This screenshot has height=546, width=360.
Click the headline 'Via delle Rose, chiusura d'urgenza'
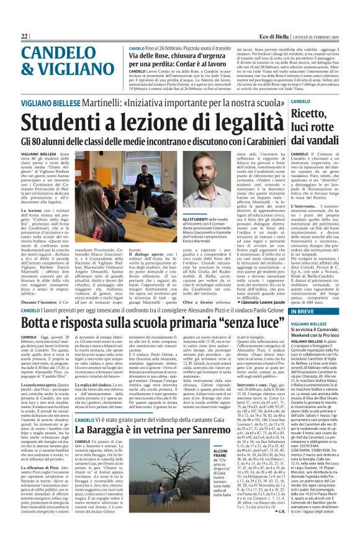(x=175, y=56)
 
